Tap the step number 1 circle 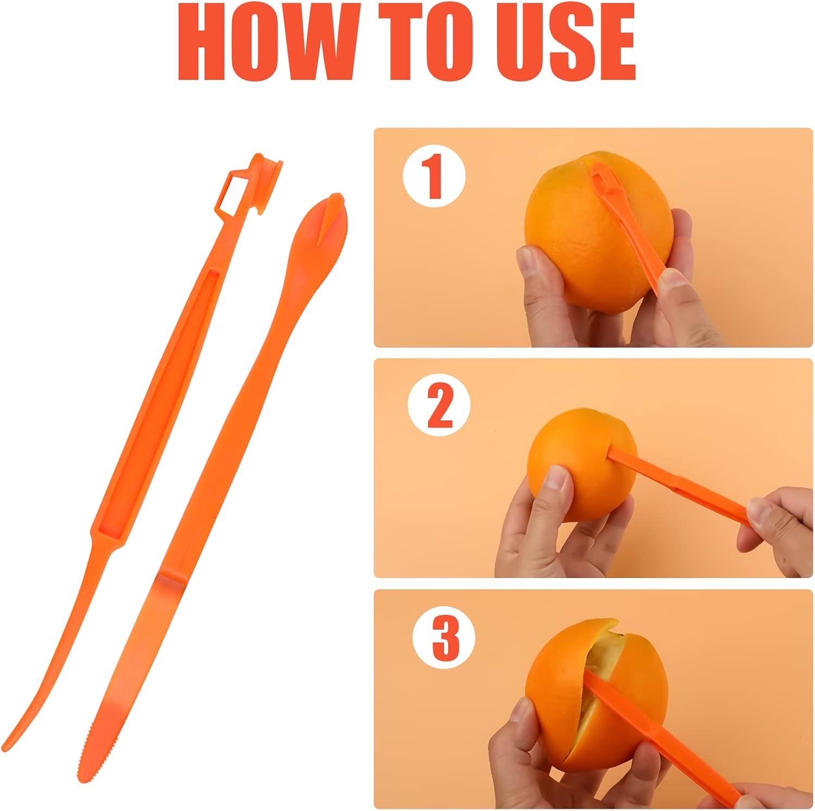pyautogui.click(x=434, y=175)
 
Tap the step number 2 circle pyautogui.click(x=439, y=405)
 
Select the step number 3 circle pyautogui.click(x=444, y=637)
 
